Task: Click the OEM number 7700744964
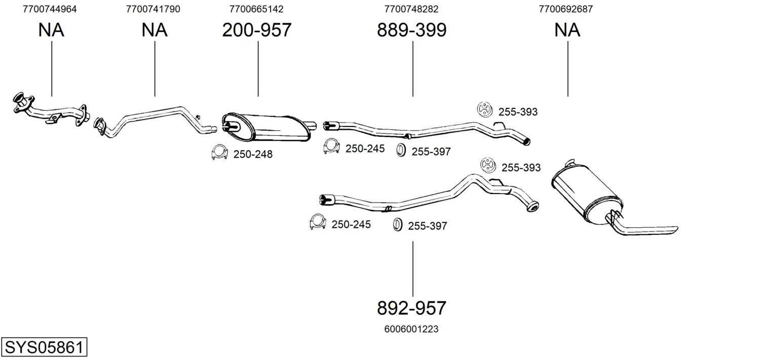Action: (x=50, y=9)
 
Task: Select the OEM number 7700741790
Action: (x=153, y=9)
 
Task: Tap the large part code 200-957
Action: (x=257, y=30)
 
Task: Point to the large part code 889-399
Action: (x=412, y=30)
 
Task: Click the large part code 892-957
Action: (x=412, y=308)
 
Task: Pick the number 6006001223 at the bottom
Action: (x=412, y=329)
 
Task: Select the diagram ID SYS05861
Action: (x=44, y=348)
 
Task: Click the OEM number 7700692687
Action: (x=566, y=9)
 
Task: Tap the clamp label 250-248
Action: (x=253, y=154)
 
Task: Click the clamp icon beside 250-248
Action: (x=219, y=152)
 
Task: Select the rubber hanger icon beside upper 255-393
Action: (x=485, y=109)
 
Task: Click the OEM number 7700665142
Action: (x=256, y=9)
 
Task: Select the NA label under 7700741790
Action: (x=154, y=30)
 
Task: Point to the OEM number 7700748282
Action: (x=411, y=9)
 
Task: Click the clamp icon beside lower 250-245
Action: (x=317, y=222)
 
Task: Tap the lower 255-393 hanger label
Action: (x=521, y=168)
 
